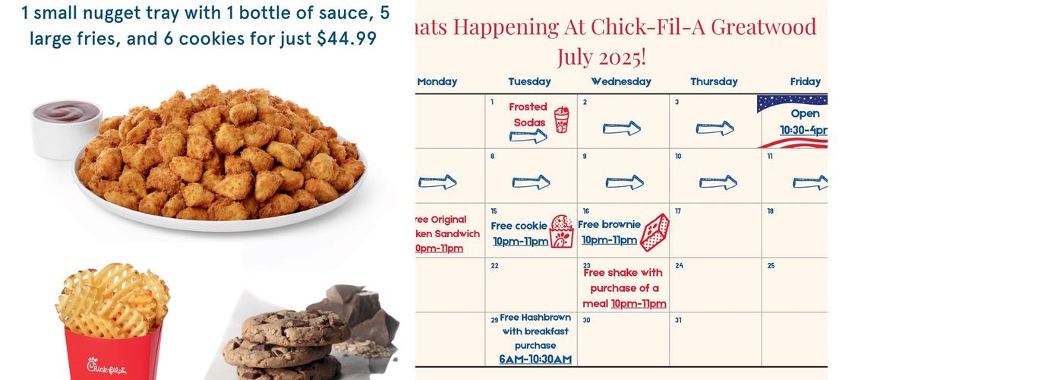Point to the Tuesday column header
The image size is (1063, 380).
pyautogui.click(x=529, y=81)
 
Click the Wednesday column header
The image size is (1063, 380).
pyautogui.click(x=621, y=81)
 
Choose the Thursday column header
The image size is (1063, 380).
pyautogui.click(x=714, y=81)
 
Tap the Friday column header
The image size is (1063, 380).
pyautogui.click(x=805, y=81)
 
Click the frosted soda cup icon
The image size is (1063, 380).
pyautogui.click(x=561, y=119)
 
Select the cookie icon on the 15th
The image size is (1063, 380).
pyautogui.click(x=562, y=231)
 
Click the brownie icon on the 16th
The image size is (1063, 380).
pyautogui.click(x=655, y=232)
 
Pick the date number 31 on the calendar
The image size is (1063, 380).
pyautogui.click(x=678, y=321)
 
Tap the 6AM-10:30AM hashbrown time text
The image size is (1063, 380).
pyautogui.click(x=535, y=359)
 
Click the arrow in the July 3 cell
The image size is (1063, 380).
pyautogui.click(x=714, y=128)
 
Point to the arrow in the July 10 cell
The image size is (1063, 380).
pyautogui.click(x=718, y=182)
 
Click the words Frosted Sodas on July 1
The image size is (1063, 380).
pyautogui.click(x=528, y=114)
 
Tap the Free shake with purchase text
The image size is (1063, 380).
pyautogui.click(x=623, y=288)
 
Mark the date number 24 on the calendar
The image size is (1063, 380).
pyautogui.click(x=679, y=266)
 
